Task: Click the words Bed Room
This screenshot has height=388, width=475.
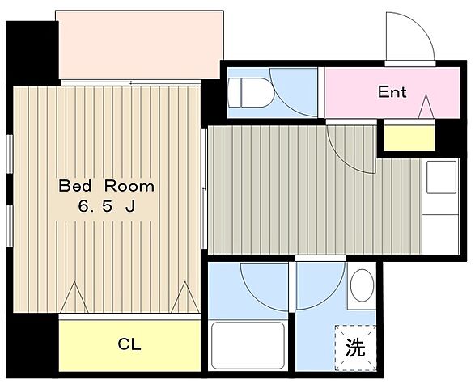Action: pos(105,186)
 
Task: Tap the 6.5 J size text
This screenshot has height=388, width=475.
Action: pos(105,206)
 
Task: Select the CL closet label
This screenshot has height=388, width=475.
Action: pos(129,345)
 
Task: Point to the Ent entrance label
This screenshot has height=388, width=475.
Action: pos(392,91)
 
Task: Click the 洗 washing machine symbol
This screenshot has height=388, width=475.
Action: pos(356,348)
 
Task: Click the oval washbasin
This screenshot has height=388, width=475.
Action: pos(362,287)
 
